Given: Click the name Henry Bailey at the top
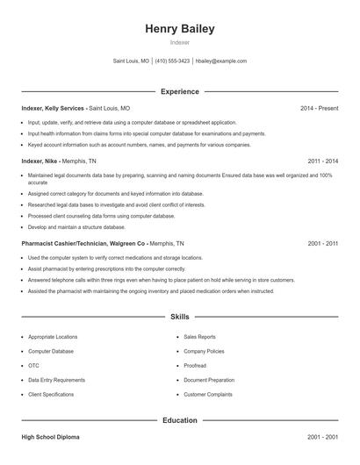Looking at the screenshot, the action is pyautogui.click(x=179, y=29).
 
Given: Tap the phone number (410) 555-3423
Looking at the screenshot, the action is pyautogui.click(x=173, y=61).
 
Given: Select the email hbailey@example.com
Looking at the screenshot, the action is pyautogui.click(x=220, y=61).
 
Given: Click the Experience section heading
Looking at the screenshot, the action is pyautogui.click(x=179, y=91).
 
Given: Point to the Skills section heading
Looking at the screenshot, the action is pyautogui.click(x=179, y=317).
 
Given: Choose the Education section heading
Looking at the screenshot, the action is pyautogui.click(x=179, y=420).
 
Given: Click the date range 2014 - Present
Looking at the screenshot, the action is pyautogui.click(x=319, y=108).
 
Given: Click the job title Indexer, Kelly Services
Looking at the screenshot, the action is pyautogui.click(x=54, y=108).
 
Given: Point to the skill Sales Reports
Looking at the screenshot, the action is pyautogui.click(x=199, y=336).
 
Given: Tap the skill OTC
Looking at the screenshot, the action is pyautogui.click(x=33, y=365).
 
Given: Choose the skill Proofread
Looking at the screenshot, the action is pyautogui.click(x=195, y=365).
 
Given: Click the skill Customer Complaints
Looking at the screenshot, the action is pyautogui.click(x=207, y=394).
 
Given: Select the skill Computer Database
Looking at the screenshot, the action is pyautogui.click(x=51, y=351).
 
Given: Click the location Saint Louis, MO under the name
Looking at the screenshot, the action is pyautogui.click(x=132, y=61).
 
